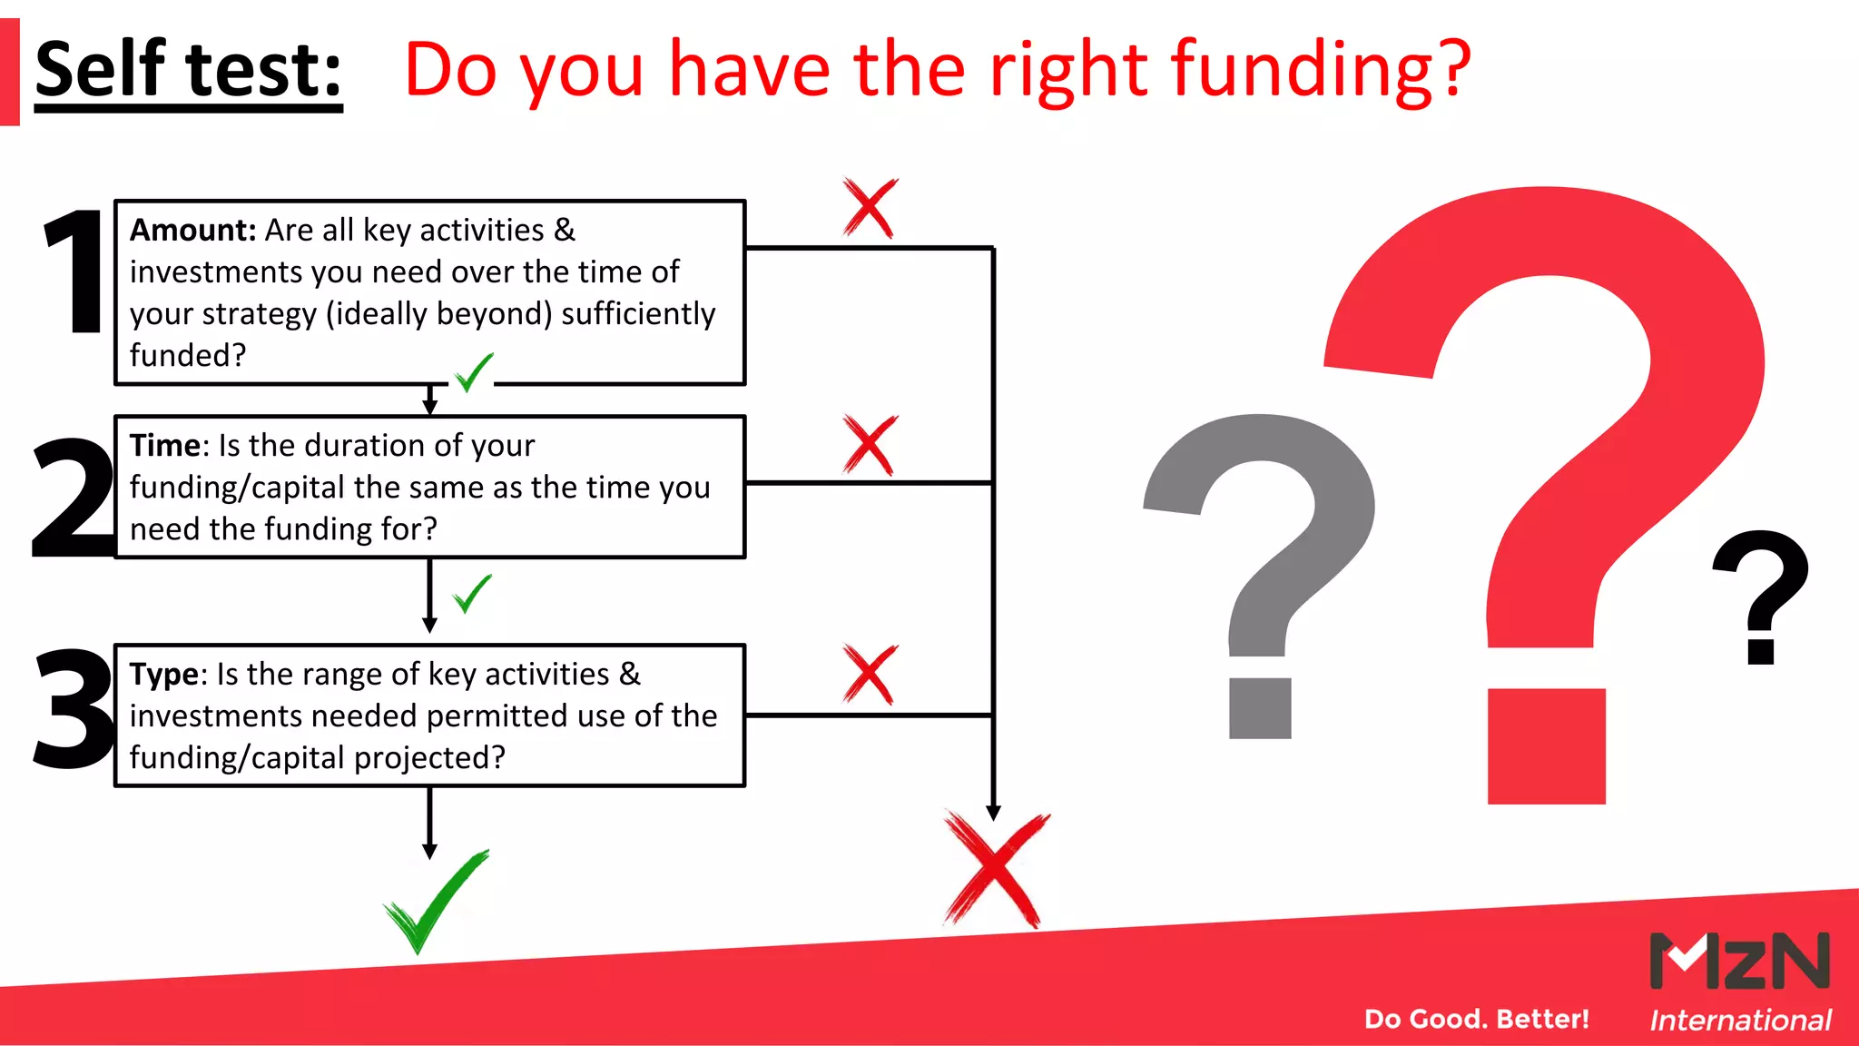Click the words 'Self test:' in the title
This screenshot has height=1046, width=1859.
tap(188, 71)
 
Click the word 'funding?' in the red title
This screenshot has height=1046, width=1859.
tap(1321, 71)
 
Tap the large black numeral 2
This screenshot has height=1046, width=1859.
tap(73, 498)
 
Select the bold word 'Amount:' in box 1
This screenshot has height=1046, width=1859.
tap(193, 231)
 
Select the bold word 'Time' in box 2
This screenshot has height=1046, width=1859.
tap(164, 446)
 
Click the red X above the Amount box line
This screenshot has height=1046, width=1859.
tap(870, 208)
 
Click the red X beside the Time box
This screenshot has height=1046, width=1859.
tap(870, 445)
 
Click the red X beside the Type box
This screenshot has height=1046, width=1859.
tap(870, 675)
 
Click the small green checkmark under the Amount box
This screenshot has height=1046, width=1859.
tap(473, 372)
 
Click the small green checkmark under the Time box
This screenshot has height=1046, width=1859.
tap(472, 594)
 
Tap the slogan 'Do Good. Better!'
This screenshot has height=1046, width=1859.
tap(1476, 1019)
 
